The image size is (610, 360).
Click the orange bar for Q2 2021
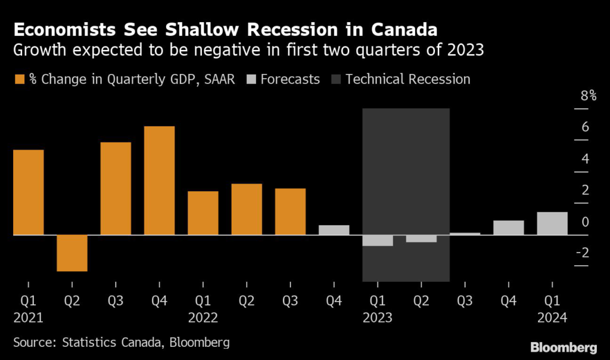click(72, 253)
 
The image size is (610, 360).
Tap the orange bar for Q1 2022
click(203, 213)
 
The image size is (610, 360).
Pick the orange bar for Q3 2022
click(290, 212)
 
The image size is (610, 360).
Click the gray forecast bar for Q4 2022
click(334, 230)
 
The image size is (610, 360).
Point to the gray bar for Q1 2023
click(378, 240)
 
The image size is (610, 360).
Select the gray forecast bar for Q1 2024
click(552, 224)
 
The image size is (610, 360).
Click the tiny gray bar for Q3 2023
click(465, 234)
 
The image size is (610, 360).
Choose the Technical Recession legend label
click(408, 79)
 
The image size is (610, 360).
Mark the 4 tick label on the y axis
click(585, 159)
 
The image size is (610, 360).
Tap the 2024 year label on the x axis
click(552, 318)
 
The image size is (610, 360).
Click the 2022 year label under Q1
click(203, 318)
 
